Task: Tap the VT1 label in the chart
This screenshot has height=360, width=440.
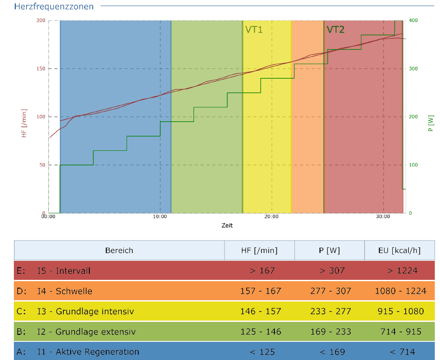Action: click(254, 29)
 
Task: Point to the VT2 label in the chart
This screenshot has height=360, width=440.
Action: click(336, 29)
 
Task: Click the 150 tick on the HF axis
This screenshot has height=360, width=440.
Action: click(40, 68)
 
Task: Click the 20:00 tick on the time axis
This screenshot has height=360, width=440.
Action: click(271, 217)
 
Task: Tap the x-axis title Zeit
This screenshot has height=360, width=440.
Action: click(227, 225)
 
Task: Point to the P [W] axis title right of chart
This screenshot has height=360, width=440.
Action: click(430, 123)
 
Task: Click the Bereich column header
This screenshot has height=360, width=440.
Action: click(119, 250)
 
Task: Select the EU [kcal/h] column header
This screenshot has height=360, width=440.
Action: click(399, 250)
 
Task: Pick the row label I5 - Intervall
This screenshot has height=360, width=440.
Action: click(64, 271)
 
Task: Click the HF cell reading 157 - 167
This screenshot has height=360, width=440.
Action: click(261, 291)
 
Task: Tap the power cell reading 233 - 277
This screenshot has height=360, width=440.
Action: click(330, 311)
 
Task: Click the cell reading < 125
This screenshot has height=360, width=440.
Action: click(261, 351)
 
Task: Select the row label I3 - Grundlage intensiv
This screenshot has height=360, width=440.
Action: click(85, 311)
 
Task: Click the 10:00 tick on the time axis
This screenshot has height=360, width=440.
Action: click(160, 217)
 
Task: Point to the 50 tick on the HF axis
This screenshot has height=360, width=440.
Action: click(42, 165)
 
